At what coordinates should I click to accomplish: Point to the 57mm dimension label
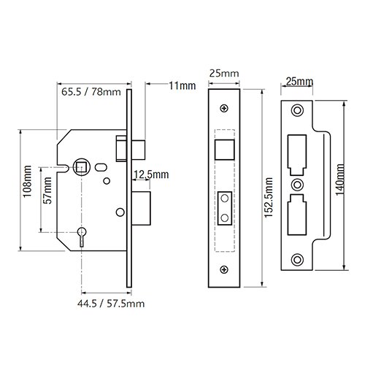pyautogui.click(x=47, y=198)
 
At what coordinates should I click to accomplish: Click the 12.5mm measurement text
pyautogui.click(x=150, y=174)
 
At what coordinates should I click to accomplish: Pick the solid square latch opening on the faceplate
pyautogui.click(x=223, y=147)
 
